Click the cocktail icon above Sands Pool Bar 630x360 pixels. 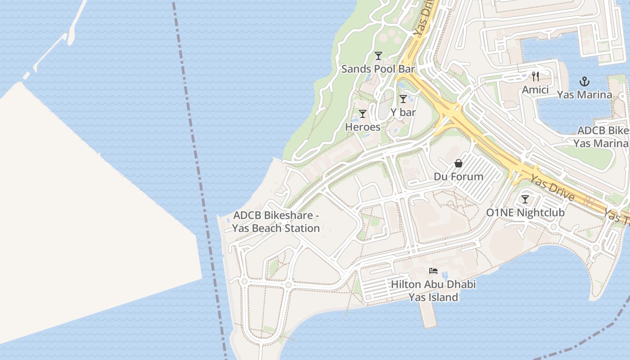[x=378, y=56]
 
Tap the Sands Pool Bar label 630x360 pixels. [x=378, y=69]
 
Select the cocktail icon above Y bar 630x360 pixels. [x=403, y=99]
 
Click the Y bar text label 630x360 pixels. [x=403, y=112]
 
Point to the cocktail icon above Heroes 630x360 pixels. [x=363, y=114]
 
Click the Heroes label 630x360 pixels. [x=363, y=127]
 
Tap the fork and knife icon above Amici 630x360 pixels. [x=535, y=76]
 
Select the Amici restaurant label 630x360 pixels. [x=535, y=90]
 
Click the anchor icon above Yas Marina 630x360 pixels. [x=584, y=81]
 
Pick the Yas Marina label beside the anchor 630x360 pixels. [x=584, y=94]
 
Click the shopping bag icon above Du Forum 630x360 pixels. [x=459, y=163]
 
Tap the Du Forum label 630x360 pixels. [x=459, y=176]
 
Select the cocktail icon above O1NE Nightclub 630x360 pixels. [x=525, y=199]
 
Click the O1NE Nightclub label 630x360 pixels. [x=525, y=212]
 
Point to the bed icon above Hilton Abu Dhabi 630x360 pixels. [x=433, y=271]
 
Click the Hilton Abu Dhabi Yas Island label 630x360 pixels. [x=433, y=291]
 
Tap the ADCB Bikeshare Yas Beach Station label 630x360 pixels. [x=276, y=222]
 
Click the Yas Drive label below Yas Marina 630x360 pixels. [x=552, y=188]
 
